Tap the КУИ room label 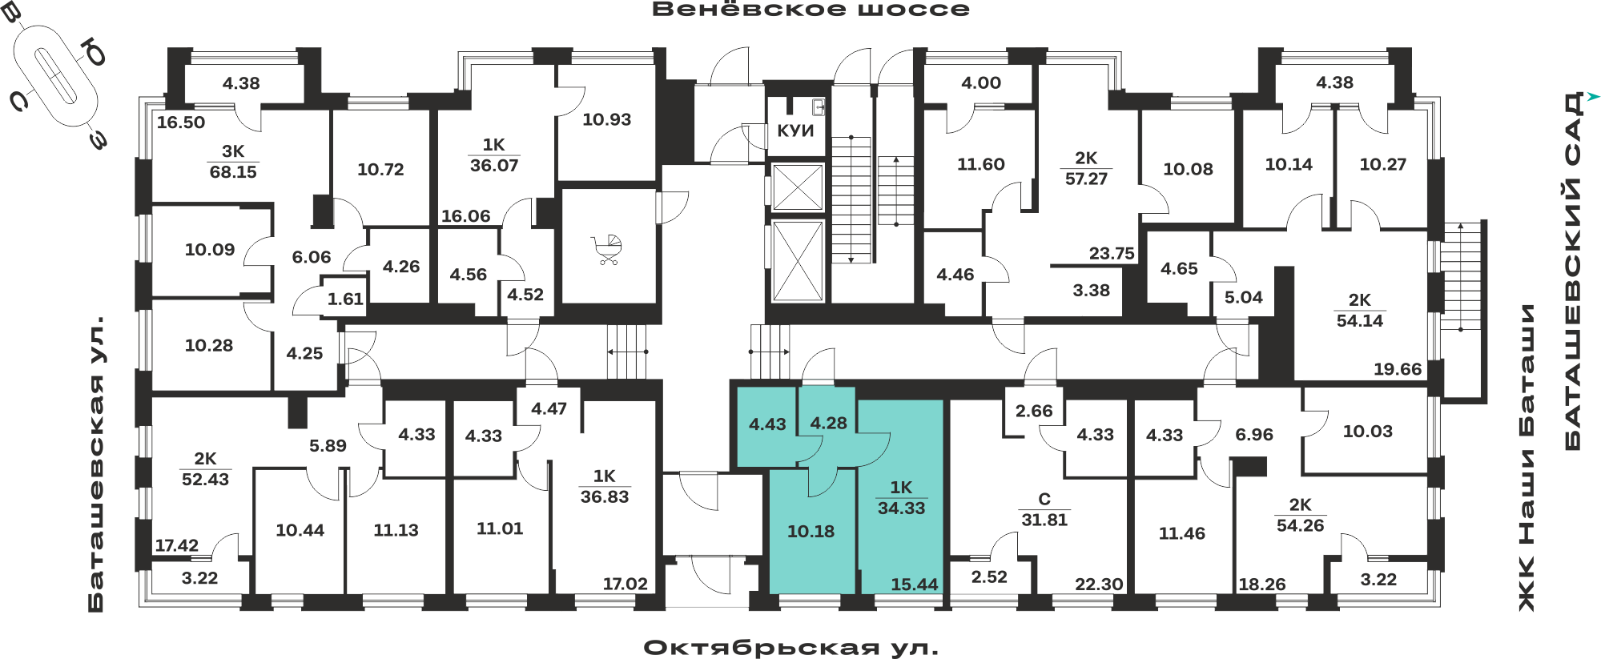pyautogui.click(x=795, y=131)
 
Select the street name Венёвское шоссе pyautogui.click(x=811, y=10)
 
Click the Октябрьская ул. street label pyautogui.click(x=790, y=647)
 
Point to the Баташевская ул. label pyautogui.click(x=96, y=465)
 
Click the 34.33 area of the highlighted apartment pyautogui.click(x=901, y=508)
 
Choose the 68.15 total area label pyautogui.click(x=233, y=171)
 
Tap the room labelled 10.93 pyautogui.click(x=606, y=119)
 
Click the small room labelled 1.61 pyautogui.click(x=345, y=299)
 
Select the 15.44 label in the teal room pyautogui.click(x=915, y=585)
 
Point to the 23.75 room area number pyautogui.click(x=1112, y=253)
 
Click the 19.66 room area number pyautogui.click(x=1398, y=369)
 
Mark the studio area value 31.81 pyautogui.click(x=1044, y=520)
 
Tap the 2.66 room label pyautogui.click(x=1034, y=411)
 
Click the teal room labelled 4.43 pyautogui.click(x=767, y=424)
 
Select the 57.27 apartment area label pyautogui.click(x=1086, y=179)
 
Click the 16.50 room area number pyautogui.click(x=181, y=123)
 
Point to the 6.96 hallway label pyautogui.click(x=1254, y=434)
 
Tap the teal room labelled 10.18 pyautogui.click(x=811, y=531)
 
